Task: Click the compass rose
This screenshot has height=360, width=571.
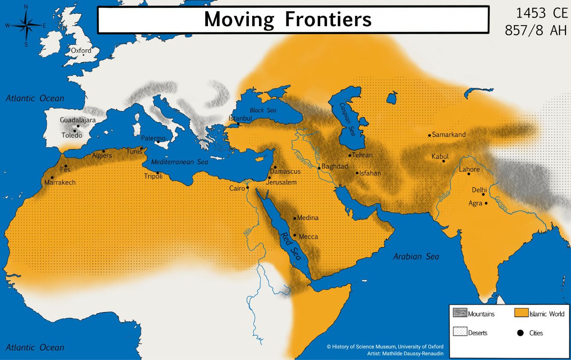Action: point(26,26)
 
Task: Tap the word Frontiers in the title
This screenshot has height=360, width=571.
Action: point(326,19)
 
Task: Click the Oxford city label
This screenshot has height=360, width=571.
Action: point(81,51)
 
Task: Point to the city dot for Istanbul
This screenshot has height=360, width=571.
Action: point(239,124)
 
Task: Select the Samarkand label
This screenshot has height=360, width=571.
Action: point(449,135)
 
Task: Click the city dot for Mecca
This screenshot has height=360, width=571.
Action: point(295,235)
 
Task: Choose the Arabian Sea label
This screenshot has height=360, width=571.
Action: point(416,257)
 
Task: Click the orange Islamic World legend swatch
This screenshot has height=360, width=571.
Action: point(521,313)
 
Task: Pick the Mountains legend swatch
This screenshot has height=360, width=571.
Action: point(460,313)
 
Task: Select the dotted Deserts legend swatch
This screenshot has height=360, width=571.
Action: point(460,332)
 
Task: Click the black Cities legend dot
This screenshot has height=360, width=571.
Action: point(520,333)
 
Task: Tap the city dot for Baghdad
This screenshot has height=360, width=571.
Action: point(319,168)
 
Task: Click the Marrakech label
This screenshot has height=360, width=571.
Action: point(60,183)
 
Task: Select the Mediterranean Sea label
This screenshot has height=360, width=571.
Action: point(180,162)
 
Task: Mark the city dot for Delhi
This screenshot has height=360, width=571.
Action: point(483,194)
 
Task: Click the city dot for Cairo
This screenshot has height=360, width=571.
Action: point(247,187)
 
